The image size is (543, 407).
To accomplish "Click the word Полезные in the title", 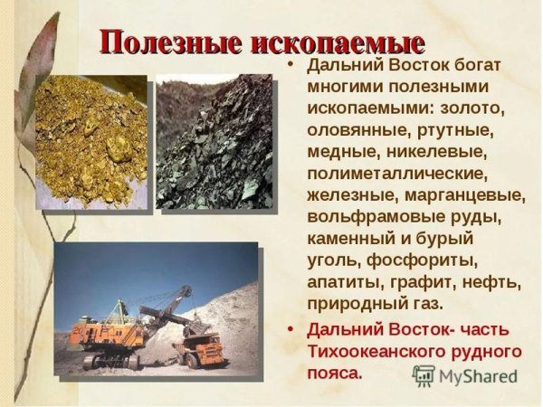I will pyautogui.click(x=161, y=42).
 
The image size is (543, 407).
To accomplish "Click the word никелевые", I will pyautogui.click(x=439, y=151).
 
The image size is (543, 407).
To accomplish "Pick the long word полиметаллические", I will pyautogui.click(x=397, y=172).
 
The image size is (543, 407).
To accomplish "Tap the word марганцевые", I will pyautogui.click(x=472, y=194).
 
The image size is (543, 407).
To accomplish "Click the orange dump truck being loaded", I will pyautogui.click(x=203, y=339).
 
